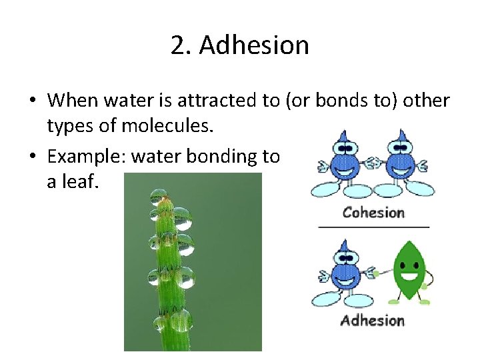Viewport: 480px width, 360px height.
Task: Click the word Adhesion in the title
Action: [x=254, y=45]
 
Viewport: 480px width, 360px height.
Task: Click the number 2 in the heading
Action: [x=178, y=45]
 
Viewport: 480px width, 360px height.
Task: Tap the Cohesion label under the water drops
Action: [x=373, y=213]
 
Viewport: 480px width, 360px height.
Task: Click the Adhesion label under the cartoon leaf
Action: [x=373, y=321]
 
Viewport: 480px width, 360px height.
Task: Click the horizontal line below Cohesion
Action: [x=373, y=227]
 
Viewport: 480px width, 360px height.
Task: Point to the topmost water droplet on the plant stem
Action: [x=159, y=196]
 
